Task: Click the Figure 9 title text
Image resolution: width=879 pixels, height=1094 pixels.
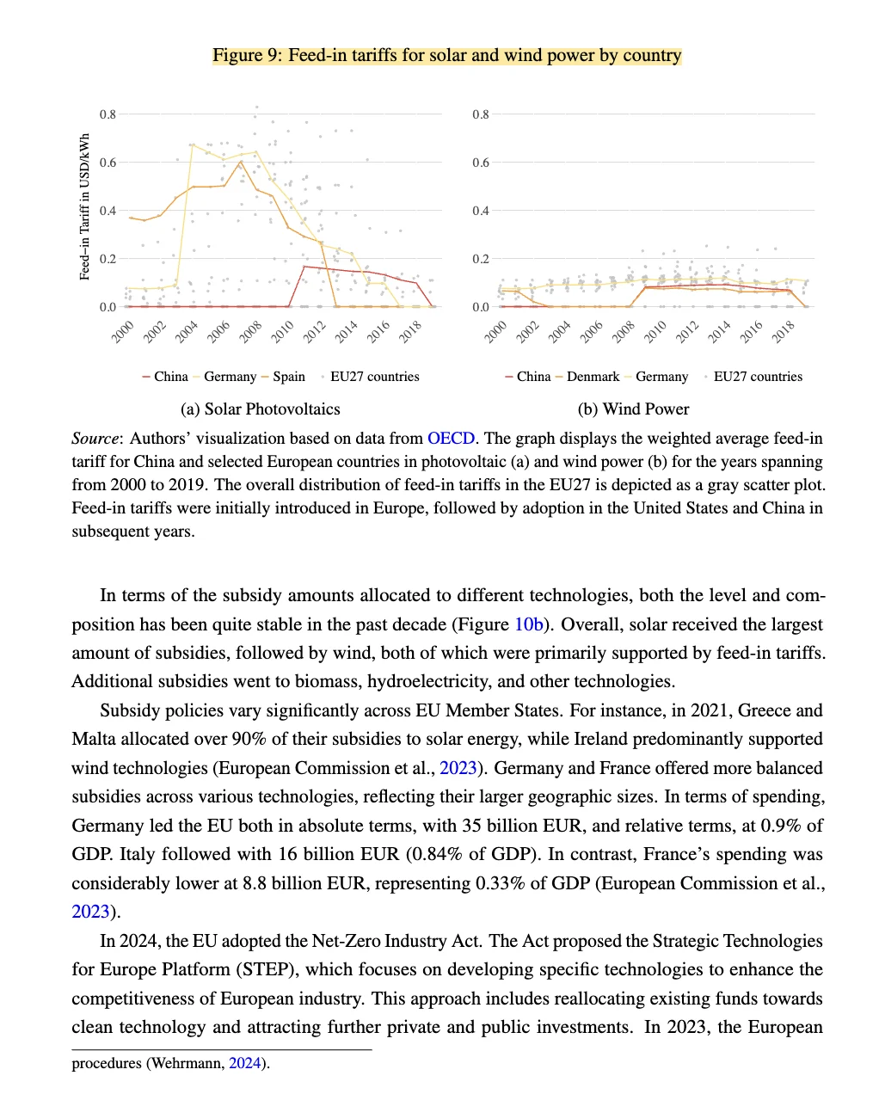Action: pos(447,56)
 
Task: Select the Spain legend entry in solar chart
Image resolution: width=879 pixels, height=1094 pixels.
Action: pos(289,377)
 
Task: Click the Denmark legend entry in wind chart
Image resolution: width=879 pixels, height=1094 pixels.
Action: pos(593,377)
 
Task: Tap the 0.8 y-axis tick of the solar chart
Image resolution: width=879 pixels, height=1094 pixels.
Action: pos(108,114)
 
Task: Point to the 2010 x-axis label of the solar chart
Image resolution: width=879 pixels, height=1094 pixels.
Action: pos(283,331)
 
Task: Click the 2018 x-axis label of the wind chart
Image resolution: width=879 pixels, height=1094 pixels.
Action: pos(783,331)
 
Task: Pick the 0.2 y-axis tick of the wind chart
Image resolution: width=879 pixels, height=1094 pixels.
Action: pos(480,259)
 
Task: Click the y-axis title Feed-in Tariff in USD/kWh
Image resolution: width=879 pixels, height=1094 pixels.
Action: pos(84,207)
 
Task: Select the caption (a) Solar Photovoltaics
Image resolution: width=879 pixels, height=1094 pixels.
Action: pos(260,409)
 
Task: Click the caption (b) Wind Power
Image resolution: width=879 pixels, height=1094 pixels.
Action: pos(633,409)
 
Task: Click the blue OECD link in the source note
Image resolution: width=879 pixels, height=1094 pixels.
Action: pos(451,439)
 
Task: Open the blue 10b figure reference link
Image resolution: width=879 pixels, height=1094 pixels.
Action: pos(528,624)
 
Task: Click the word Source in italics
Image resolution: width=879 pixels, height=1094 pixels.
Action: pos(95,439)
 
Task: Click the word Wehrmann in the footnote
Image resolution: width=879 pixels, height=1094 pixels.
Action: pos(187,1064)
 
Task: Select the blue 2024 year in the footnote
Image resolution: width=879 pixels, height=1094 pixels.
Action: pos(244,1064)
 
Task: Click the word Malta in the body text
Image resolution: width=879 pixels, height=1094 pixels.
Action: pos(94,740)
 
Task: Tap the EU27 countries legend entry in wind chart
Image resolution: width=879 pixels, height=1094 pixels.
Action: pos(758,377)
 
